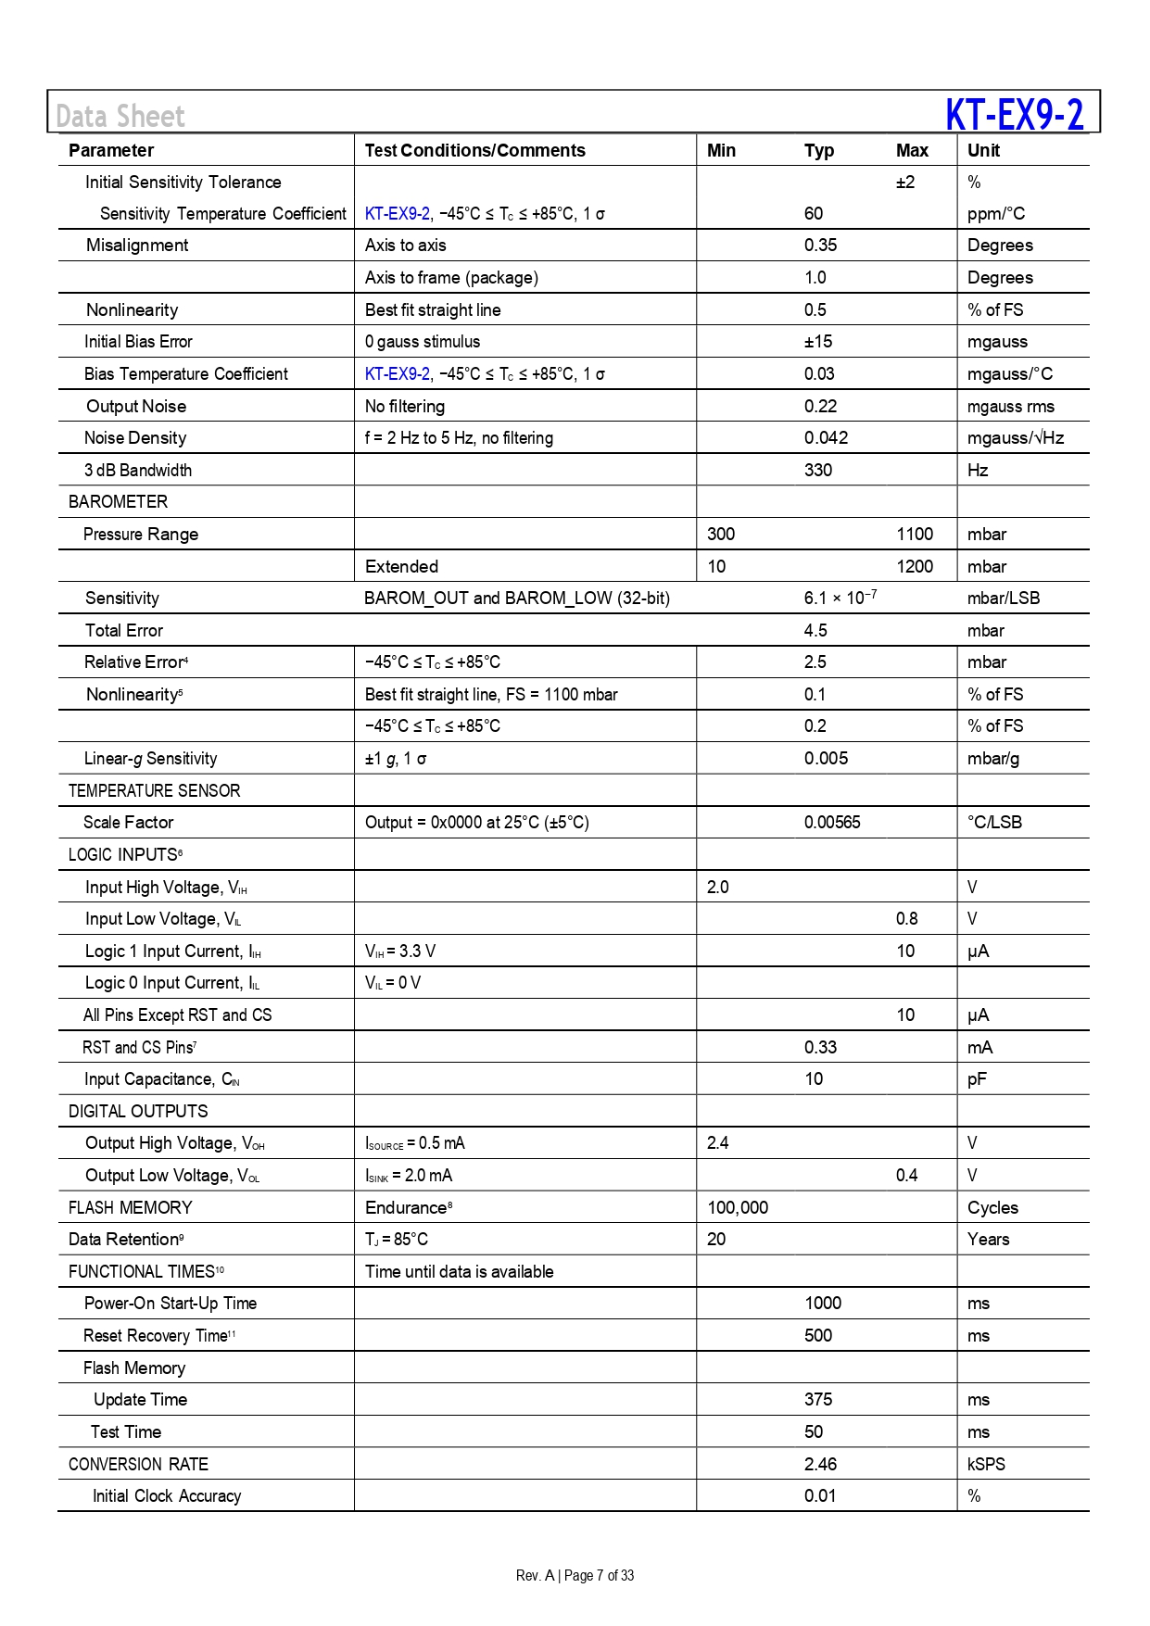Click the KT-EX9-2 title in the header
(1014, 115)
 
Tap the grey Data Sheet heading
(120, 117)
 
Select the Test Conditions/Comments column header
(474, 150)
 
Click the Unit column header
(983, 150)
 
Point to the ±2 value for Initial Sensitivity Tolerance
(905, 183)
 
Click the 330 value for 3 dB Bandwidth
(818, 470)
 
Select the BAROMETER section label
(118, 501)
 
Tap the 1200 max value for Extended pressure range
(915, 566)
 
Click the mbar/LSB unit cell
(1004, 598)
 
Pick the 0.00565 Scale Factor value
(832, 822)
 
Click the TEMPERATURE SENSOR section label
(154, 790)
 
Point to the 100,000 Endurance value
(738, 1207)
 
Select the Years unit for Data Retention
(988, 1239)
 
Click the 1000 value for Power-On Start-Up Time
(823, 1303)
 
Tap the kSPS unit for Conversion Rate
(986, 1464)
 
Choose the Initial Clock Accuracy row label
(167, 1495)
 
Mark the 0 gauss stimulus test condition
(423, 341)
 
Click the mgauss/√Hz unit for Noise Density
(1016, 437)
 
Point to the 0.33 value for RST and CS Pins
(820, 1047)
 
